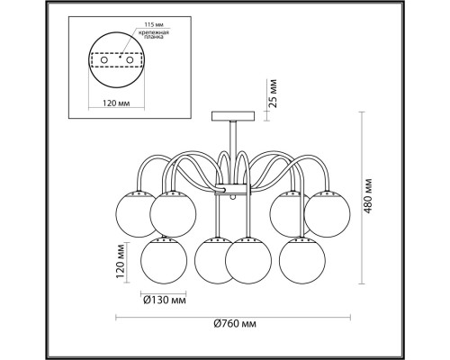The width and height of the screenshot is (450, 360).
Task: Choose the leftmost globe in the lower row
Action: [162, 260]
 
